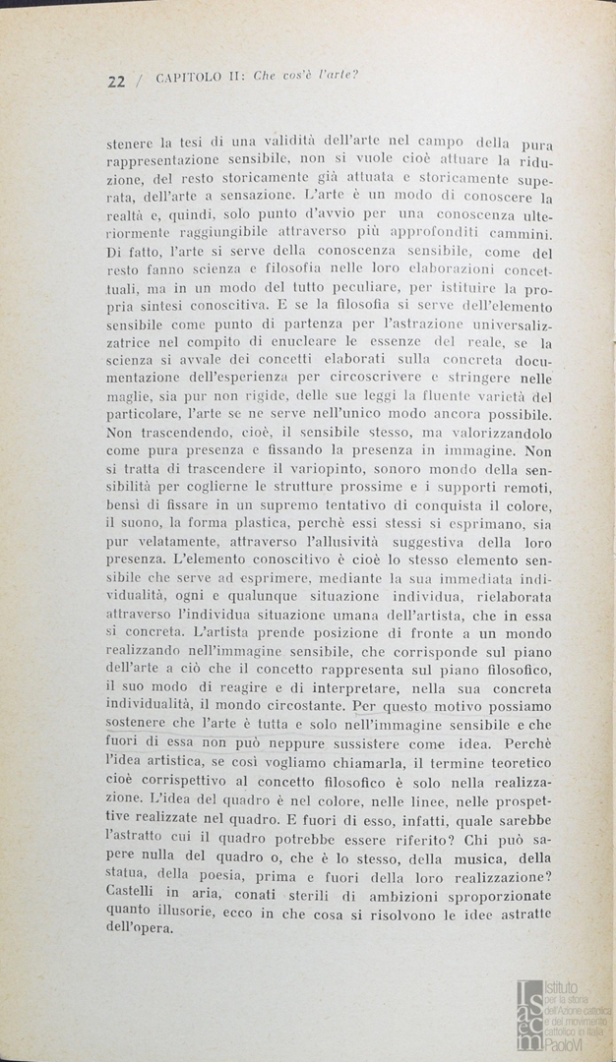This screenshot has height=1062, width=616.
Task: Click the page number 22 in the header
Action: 115,82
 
